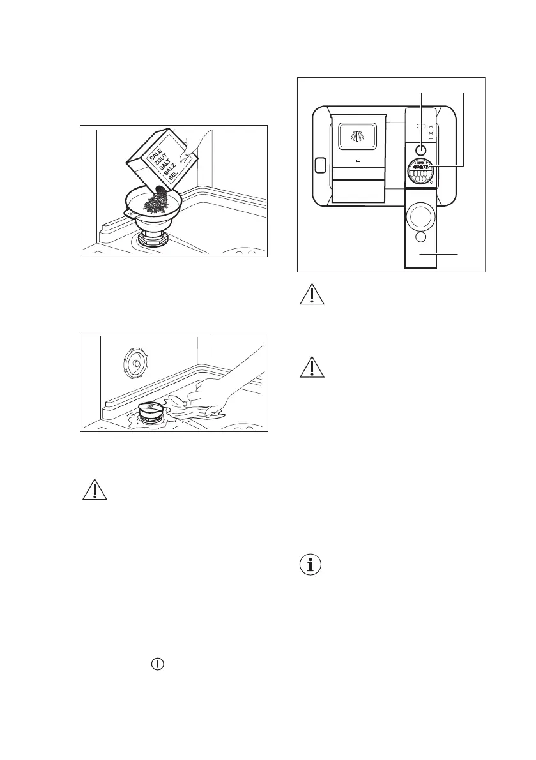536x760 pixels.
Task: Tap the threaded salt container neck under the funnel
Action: [153, 241]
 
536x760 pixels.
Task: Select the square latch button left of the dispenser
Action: [320, 165]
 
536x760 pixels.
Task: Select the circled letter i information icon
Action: [312, 565]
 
